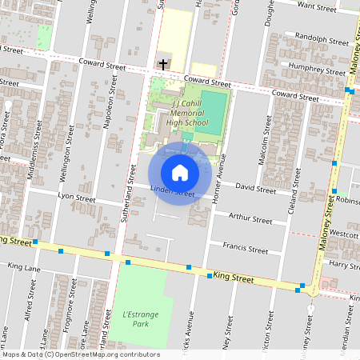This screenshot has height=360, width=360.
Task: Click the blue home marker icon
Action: point(180,173)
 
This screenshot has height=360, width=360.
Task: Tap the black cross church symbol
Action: point(163,63)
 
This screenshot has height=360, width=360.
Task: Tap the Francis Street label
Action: point(245,249)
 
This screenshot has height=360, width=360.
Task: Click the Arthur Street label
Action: point(250,218)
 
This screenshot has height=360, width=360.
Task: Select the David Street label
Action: point(255,188)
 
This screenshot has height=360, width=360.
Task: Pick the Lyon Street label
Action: point(77,198)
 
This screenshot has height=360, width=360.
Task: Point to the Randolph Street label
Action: point(322,38)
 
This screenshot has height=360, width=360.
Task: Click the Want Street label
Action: point(316,7)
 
